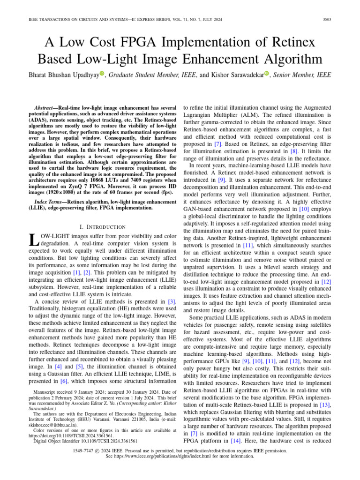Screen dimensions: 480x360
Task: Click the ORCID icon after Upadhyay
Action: (101, 74)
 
